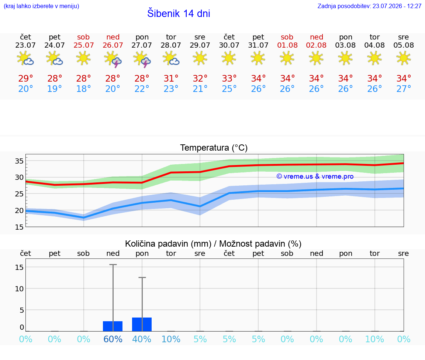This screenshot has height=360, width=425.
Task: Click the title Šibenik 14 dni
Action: pos(179,13)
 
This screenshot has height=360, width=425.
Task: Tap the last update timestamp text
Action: pos(369,6)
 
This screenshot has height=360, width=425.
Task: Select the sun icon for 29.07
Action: pos(200,58)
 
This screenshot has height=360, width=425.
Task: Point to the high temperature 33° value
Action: pos(229,78)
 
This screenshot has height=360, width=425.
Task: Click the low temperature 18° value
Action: pos(83,89)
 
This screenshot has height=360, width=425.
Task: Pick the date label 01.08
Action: pos(287,45)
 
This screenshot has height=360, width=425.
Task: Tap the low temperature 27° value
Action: pos(404,89)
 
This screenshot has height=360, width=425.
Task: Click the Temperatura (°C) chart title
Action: pos(214,148)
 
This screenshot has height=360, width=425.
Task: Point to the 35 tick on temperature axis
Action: pos(19,161)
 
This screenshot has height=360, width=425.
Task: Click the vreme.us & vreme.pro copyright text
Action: pos(315,176)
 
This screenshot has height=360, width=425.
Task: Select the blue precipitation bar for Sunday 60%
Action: pos(113,326)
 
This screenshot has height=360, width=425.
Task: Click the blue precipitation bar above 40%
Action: pos(142,324)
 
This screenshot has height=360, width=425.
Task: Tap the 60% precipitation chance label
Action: pos(113,339)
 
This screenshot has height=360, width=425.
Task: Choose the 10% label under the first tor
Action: pos(171,339)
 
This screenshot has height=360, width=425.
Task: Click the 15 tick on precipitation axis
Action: pos(19,267)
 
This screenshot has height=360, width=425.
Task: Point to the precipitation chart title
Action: pos(213,244)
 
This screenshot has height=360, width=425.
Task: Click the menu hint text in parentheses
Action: pos(41,6)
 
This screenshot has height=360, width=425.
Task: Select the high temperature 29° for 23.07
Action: pos(25,78)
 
